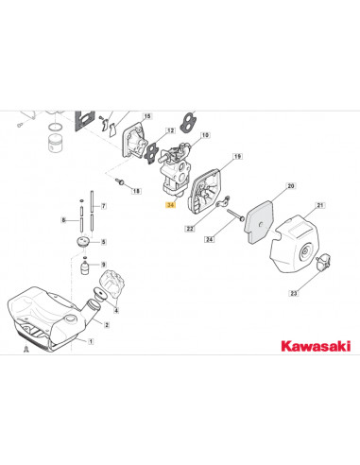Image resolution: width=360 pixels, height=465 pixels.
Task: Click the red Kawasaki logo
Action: [x=316, y=346]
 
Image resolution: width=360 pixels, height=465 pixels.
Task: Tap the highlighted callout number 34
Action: [x=171, y=205]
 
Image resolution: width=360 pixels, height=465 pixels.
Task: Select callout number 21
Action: [x=320, y=205]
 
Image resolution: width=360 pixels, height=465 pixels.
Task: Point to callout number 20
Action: [x=291, y=186]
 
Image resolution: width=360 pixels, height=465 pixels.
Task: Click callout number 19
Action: [x=237, y=156]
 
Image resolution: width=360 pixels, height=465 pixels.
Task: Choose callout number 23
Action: [x=293, y=293]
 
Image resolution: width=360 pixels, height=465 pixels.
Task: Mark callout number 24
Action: [x=210, y=239]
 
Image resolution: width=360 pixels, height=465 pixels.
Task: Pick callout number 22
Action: [x=190, y=229]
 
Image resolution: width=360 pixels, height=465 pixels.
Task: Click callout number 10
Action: [x=205, y=135]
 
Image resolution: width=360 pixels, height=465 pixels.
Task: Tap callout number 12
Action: [x=170, y=130]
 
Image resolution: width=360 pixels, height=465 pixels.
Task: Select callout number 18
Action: [x=136, y=191]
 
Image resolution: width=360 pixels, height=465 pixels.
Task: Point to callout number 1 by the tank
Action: [x=91, y=341]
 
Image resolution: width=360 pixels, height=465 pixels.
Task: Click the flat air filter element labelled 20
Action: [x=259, y=222]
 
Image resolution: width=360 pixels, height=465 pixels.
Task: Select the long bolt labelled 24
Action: [x=235, y=215]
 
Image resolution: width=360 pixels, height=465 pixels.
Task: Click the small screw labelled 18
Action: [x=120, y=181]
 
